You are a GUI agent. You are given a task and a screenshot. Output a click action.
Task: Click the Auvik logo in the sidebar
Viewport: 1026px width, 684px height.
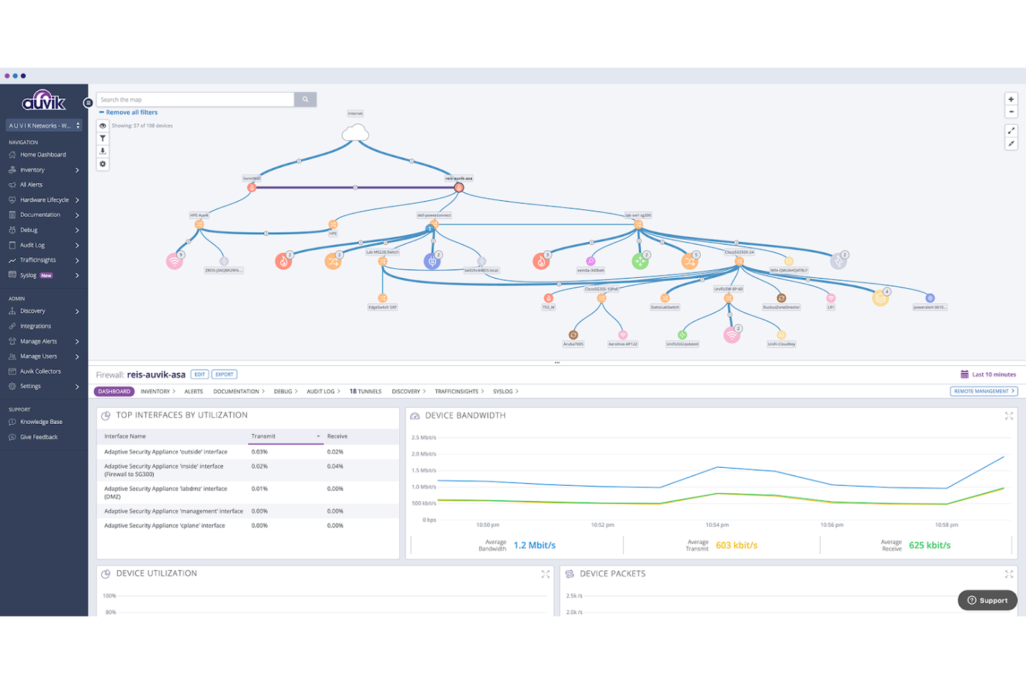click(x=44, y=101)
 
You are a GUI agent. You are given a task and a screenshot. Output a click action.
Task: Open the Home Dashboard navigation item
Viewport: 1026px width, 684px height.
click(x=42, y=155)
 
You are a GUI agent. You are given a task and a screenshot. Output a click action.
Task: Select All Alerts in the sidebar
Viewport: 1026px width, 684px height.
click(x=31, y=185)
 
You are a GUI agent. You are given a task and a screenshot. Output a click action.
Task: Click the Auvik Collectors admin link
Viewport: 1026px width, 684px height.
click(x=40, y=371)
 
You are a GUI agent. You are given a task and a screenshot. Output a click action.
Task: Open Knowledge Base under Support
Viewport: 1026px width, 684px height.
click(x=41, y=422)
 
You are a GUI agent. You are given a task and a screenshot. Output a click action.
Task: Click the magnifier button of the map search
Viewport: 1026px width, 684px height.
click(x=305, y=100)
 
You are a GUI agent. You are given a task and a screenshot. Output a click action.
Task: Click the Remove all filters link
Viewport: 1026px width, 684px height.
click(x=131, y=112)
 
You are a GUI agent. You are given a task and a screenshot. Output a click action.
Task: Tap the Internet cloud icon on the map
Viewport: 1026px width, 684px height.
click(x=355, y=132)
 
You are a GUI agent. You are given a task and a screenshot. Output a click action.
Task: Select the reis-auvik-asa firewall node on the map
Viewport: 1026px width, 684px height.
click(x=458, y=187)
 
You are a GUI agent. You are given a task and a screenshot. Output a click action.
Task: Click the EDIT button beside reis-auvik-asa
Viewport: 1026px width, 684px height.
click(x=200, y=374)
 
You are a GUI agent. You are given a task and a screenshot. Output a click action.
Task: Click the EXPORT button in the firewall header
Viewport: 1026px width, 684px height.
click(x=224, y=374)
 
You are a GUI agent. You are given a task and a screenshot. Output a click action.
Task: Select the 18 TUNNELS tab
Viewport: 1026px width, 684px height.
click(x=365, y=392)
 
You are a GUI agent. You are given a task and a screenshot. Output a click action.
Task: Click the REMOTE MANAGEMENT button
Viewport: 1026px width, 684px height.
click(x=983, y=392)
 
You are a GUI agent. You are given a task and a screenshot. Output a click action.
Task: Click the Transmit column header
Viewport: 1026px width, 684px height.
click(x=263, y=437)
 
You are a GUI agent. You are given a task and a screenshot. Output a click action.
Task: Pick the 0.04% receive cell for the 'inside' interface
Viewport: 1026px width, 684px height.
click(x=336, y=466)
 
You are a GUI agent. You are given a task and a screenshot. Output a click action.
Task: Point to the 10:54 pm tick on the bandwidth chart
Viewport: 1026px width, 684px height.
click(x=717, y=525)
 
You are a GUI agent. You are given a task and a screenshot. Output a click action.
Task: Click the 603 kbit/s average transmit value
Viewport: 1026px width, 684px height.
click(x=736, y=545)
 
